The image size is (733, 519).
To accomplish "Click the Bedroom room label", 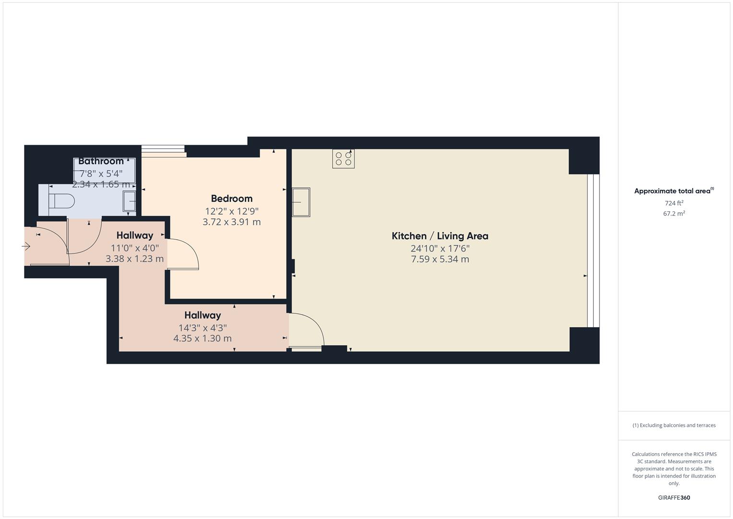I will tap(231, 198).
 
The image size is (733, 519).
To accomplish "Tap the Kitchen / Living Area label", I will tap(440, 236).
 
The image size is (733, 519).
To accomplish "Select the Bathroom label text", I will tap(101, 161).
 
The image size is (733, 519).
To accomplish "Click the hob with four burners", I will tap(343, 159).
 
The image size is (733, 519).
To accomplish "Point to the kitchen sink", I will tap(301, 202).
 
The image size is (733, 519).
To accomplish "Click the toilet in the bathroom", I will tap(62, 200).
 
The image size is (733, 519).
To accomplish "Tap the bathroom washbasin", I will tap(130, 201).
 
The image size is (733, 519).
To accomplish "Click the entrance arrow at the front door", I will tap(26, 247).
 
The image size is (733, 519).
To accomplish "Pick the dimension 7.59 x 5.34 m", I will tap(440, 259).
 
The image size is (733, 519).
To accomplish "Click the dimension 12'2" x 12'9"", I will tap(231, 211).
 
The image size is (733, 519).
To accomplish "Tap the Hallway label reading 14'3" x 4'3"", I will tap(203, 315).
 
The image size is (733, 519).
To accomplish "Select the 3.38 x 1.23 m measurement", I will tap(134, 259).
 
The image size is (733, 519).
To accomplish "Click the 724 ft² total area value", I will tap(674, 203).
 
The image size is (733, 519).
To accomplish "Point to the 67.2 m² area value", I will tap(674, 214).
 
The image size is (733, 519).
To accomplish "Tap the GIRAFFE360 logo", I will tap(674, 498).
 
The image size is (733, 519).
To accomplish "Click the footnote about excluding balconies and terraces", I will tap(674, 425).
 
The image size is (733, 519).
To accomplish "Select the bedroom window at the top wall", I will tap(163, 151).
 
